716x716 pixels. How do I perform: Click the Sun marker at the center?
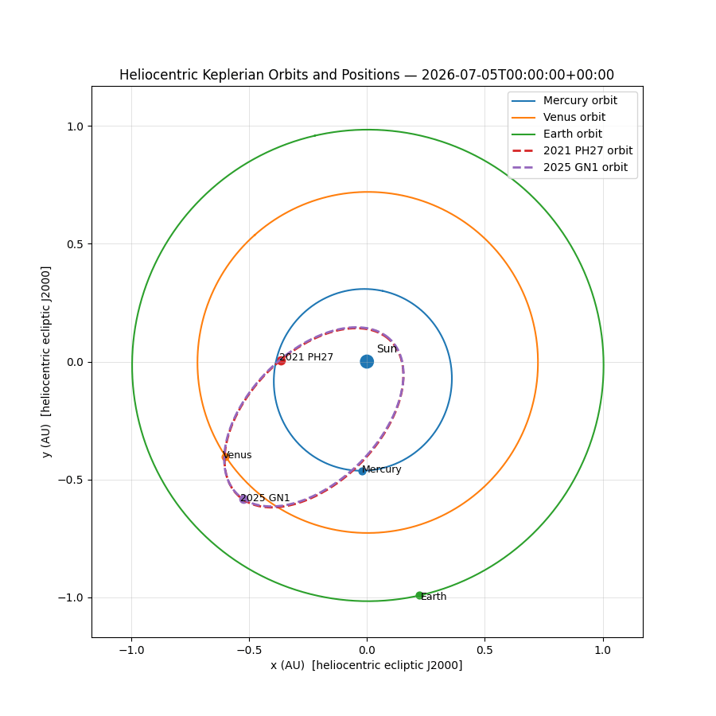[x=367, y=361]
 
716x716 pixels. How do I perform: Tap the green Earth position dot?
[x=419, y=595]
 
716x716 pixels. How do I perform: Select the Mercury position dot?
[x=362, y=471]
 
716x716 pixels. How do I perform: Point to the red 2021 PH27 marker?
[x=281, y=360]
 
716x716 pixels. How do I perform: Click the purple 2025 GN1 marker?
[x=244, y=499]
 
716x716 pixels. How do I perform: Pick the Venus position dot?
[x=225, y=457]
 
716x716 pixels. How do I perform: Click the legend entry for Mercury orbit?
[x=579, y=100]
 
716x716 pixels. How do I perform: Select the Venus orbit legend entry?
[x=574, y=117]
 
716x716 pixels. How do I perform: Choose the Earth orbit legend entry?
[x=572, y=134]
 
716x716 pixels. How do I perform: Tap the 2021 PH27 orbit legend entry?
[x=587, y=150]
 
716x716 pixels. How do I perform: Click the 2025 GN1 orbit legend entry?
[x=585, y=167]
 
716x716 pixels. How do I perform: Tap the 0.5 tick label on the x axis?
[x=484, y=650]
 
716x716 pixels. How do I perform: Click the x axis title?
[x=367, y=665]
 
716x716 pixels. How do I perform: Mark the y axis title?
[x=46, y=361]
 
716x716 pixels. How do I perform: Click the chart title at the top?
[x=367, y=75]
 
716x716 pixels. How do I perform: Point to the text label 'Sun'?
[x=387, y=349]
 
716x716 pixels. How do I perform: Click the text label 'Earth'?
[x=434, y=597]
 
